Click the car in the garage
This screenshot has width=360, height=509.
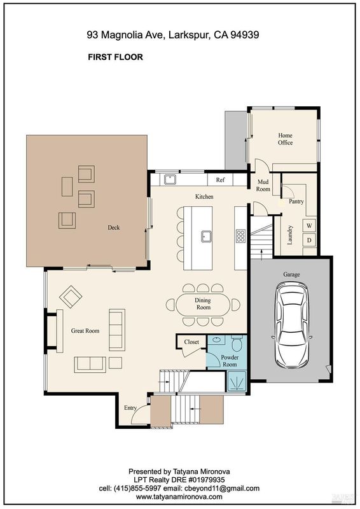(291, 325)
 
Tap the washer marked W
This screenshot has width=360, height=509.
(309, 225)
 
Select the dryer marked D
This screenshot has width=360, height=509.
(309, 241)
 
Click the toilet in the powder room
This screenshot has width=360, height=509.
(237, 344)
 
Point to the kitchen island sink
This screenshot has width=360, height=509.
(207, 236)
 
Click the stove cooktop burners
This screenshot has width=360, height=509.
(240, 236)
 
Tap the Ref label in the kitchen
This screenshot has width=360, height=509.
(220, 179)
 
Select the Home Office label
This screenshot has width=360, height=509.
(285, 139)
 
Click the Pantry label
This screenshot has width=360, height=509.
(296, 201)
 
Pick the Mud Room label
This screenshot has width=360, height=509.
(263, 185)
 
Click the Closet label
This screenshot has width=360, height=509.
(191, 342)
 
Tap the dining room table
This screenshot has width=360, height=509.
(203, 304)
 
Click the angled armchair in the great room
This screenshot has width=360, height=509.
(71, 296)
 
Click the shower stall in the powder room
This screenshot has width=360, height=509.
(237, 381)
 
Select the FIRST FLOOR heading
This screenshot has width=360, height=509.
(115, 57)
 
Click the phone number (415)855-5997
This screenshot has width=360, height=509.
(137, 488)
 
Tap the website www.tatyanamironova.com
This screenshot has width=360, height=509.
(179, 497)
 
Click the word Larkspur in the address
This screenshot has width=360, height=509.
(190, 35)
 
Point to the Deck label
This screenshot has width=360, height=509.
(114, 228)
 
